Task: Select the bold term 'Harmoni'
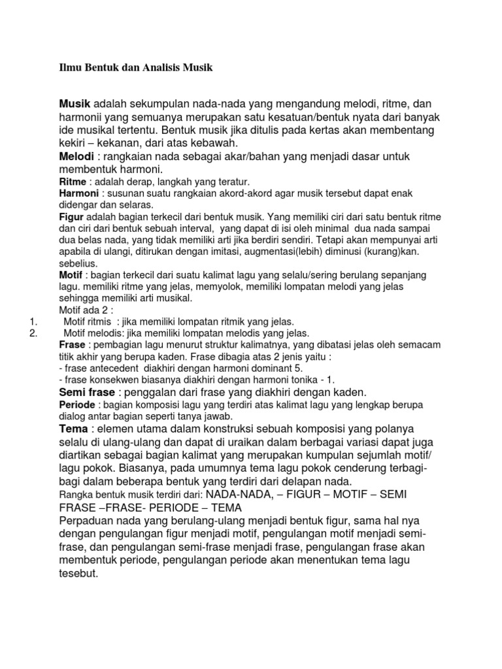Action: [x=78, y=194]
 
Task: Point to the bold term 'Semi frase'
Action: [x=87, y=392]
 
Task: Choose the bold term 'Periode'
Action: [x=76, y=405]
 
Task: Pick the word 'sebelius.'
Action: [x=78, y=263]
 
